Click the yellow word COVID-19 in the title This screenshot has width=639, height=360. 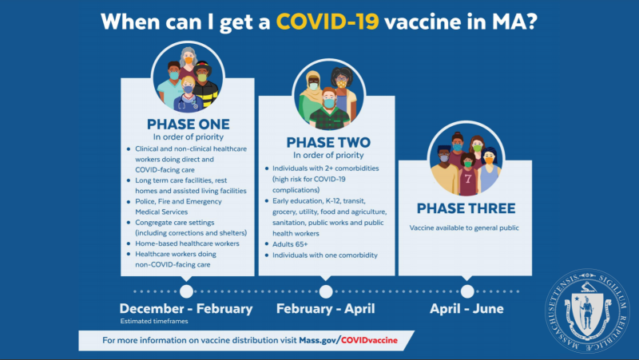[327, 22]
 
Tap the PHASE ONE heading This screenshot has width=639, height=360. [189, 124]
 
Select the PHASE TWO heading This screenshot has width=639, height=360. [328, 142]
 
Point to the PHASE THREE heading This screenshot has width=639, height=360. [466, 208]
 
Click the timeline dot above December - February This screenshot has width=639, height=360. [186, 291]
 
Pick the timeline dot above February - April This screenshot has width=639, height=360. [326, 291]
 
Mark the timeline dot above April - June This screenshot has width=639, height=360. [467, 291]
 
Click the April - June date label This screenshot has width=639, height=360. [466, 309]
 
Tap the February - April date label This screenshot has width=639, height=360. [326, 309]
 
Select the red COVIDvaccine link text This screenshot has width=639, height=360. [369, 340]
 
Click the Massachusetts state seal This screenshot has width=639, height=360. [587, 311]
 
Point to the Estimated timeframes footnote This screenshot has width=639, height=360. [154, 321]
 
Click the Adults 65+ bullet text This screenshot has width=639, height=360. [290, 244]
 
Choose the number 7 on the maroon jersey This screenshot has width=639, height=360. [468, 178]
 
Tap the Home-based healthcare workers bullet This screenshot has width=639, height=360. [187, 243]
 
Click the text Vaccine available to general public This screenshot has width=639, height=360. [464, 227]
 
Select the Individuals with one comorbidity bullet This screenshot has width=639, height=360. [325, 255]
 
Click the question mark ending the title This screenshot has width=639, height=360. [531, 22]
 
